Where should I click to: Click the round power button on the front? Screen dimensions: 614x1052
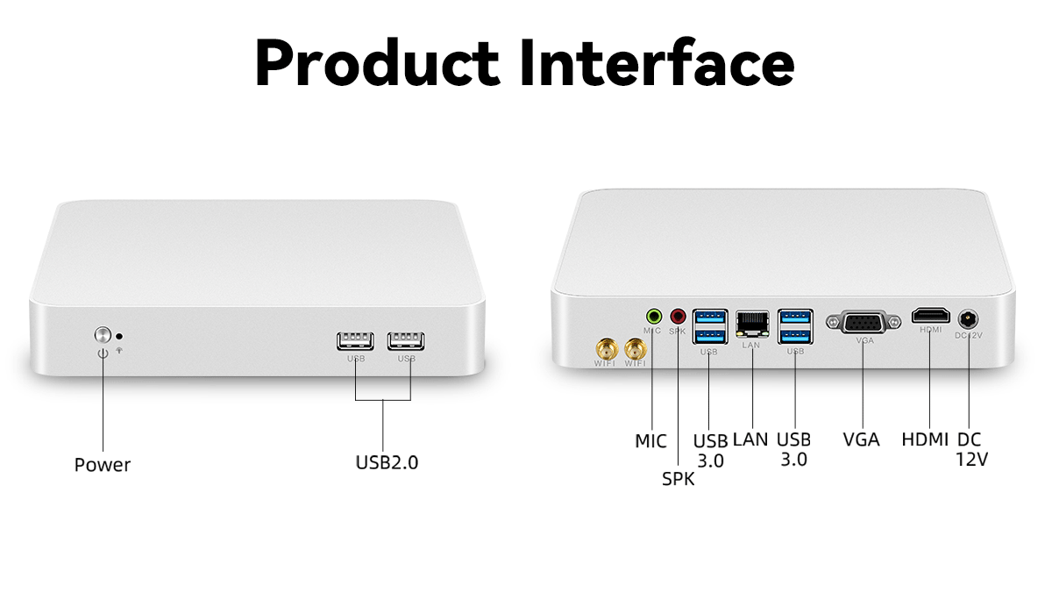pos(103,334)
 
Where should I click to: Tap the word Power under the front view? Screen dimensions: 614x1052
pos(103,465)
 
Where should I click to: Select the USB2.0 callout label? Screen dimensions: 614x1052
pos(387,461)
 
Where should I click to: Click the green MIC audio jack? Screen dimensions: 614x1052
pos(653,316)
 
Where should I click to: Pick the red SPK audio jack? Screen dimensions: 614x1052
pos(678,316)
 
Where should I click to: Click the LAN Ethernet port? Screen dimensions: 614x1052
pos(752,325)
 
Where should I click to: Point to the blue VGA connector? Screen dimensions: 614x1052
pos(864,322)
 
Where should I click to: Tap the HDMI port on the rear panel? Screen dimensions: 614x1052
pos(930,316)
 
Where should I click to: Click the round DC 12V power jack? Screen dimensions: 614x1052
pos(969,319)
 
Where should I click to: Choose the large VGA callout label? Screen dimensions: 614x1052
pos(861,439)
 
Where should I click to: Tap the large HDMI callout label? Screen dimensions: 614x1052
pos(925,439)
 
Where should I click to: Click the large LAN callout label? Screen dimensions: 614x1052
pos(750,439)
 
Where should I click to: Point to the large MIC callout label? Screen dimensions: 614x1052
pos(650,441)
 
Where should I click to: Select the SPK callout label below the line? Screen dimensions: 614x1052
pos(678,479)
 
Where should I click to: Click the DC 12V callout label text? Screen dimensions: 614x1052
pos(970,448)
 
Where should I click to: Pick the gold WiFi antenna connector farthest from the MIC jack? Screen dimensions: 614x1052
pos(605,349)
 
